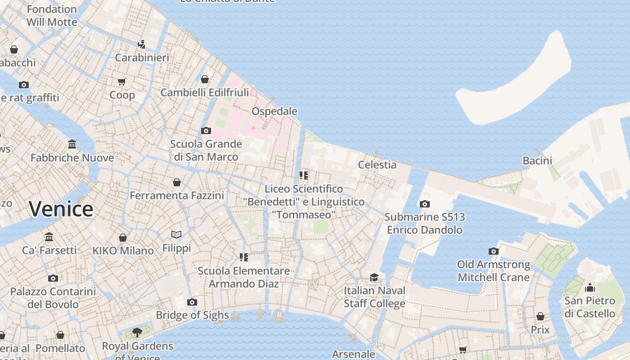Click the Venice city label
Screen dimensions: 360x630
coord(61,209)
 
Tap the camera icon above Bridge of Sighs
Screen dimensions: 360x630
coord(192,302)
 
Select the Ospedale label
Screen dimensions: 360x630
coord(274,111)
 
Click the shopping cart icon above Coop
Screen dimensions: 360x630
coord(122,82)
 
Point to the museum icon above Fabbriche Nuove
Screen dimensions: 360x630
coord(72,144)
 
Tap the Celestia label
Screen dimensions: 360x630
coord(377,165)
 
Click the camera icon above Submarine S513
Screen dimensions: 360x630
coord(424,204)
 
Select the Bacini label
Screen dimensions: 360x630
coord(537,161)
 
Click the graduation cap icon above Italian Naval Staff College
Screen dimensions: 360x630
coord(374,277)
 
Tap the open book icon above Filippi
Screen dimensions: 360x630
coord(176,234)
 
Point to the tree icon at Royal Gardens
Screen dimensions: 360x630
coord(137,333)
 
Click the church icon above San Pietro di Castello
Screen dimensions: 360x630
coord(589,288)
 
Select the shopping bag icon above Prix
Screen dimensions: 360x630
coord(540,316)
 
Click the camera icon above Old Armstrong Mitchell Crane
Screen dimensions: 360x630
coord(494,251)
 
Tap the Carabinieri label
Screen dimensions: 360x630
coord(142,58)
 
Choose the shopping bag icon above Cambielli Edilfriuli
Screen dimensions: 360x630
coord(205,79)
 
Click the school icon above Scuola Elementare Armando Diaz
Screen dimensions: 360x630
coord(243,257)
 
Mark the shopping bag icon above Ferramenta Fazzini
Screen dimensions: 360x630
coord(176,182)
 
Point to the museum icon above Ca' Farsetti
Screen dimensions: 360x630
coord(49,237)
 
